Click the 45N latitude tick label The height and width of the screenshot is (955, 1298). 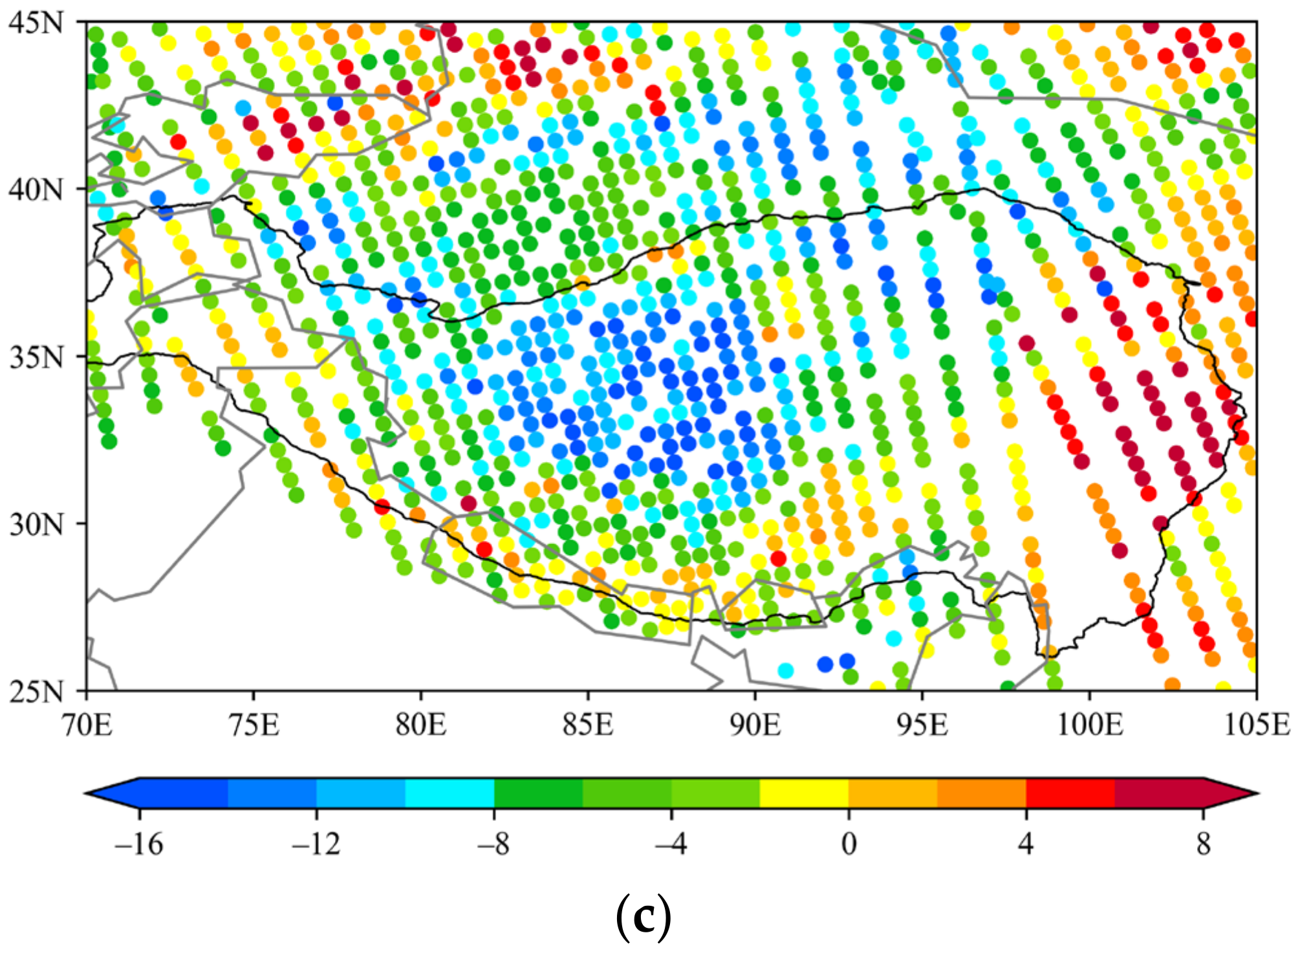click(x=36, y=23)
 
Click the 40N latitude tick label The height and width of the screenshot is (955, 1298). click(x=36, y=190)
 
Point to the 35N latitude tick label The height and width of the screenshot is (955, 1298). click(x=36, y=357)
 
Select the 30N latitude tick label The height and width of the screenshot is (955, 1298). click(x=36, y=524)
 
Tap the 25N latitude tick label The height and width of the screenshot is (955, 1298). click(x=36, y=691)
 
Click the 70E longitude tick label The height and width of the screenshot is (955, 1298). click(x=87, y=725)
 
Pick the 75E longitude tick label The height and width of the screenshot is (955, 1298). click(x=254, y=725)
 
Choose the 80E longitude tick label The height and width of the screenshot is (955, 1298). click(x=421, y=725)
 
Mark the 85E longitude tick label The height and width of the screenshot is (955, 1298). click(x=588, y=725)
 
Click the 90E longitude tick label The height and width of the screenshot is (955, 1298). click(x=755, y=725)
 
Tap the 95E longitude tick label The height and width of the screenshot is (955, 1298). click(x=922, y=725)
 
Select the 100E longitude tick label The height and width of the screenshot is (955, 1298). click(x=1090, y=725)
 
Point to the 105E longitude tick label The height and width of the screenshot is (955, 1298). click(x=1257, y=725)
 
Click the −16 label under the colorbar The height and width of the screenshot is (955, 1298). click(x=138, y=844)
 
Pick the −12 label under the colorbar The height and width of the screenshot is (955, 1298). click(x=316, y=844)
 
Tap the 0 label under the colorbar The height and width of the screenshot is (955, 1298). click(x=849, y=844)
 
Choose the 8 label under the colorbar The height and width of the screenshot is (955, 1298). click(x=1203, y=844)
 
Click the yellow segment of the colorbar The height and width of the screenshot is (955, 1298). click(x=804, y=793)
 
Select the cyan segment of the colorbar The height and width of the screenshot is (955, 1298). click(x=449, y=793)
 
